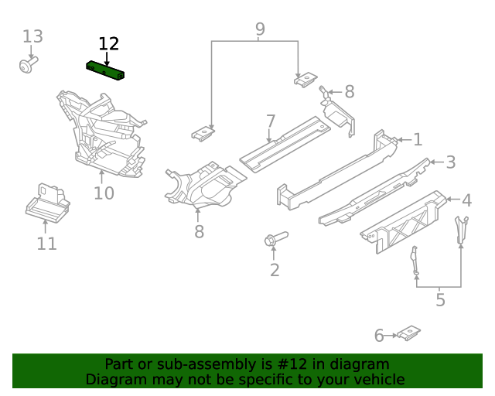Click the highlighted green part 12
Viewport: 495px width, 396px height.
click(x=108, y=70)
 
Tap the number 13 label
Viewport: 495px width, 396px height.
click(x=32, y=36)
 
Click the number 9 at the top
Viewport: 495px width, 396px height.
click(x=260, y=29)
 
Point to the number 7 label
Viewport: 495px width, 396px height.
click(x=270, y=121)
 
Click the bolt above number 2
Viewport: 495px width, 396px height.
click(x=275, y=238)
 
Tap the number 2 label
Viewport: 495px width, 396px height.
click(x=274, y=270)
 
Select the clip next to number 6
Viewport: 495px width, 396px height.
click(x=408, y=333)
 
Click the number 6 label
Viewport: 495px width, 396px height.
click(x=379, y=336)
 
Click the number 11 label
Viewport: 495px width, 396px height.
click(x=46, y=244)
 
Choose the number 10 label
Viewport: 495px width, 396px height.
click(x=104, y=193)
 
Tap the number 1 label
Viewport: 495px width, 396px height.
click(x=418, y=139)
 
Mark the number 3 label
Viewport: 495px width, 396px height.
click(x=450, y=162)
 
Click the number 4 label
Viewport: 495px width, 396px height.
click(x=466, y=201)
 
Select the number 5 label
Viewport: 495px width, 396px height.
click(x=440, y=300)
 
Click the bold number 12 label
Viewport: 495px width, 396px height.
click(x=109, y=44)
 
